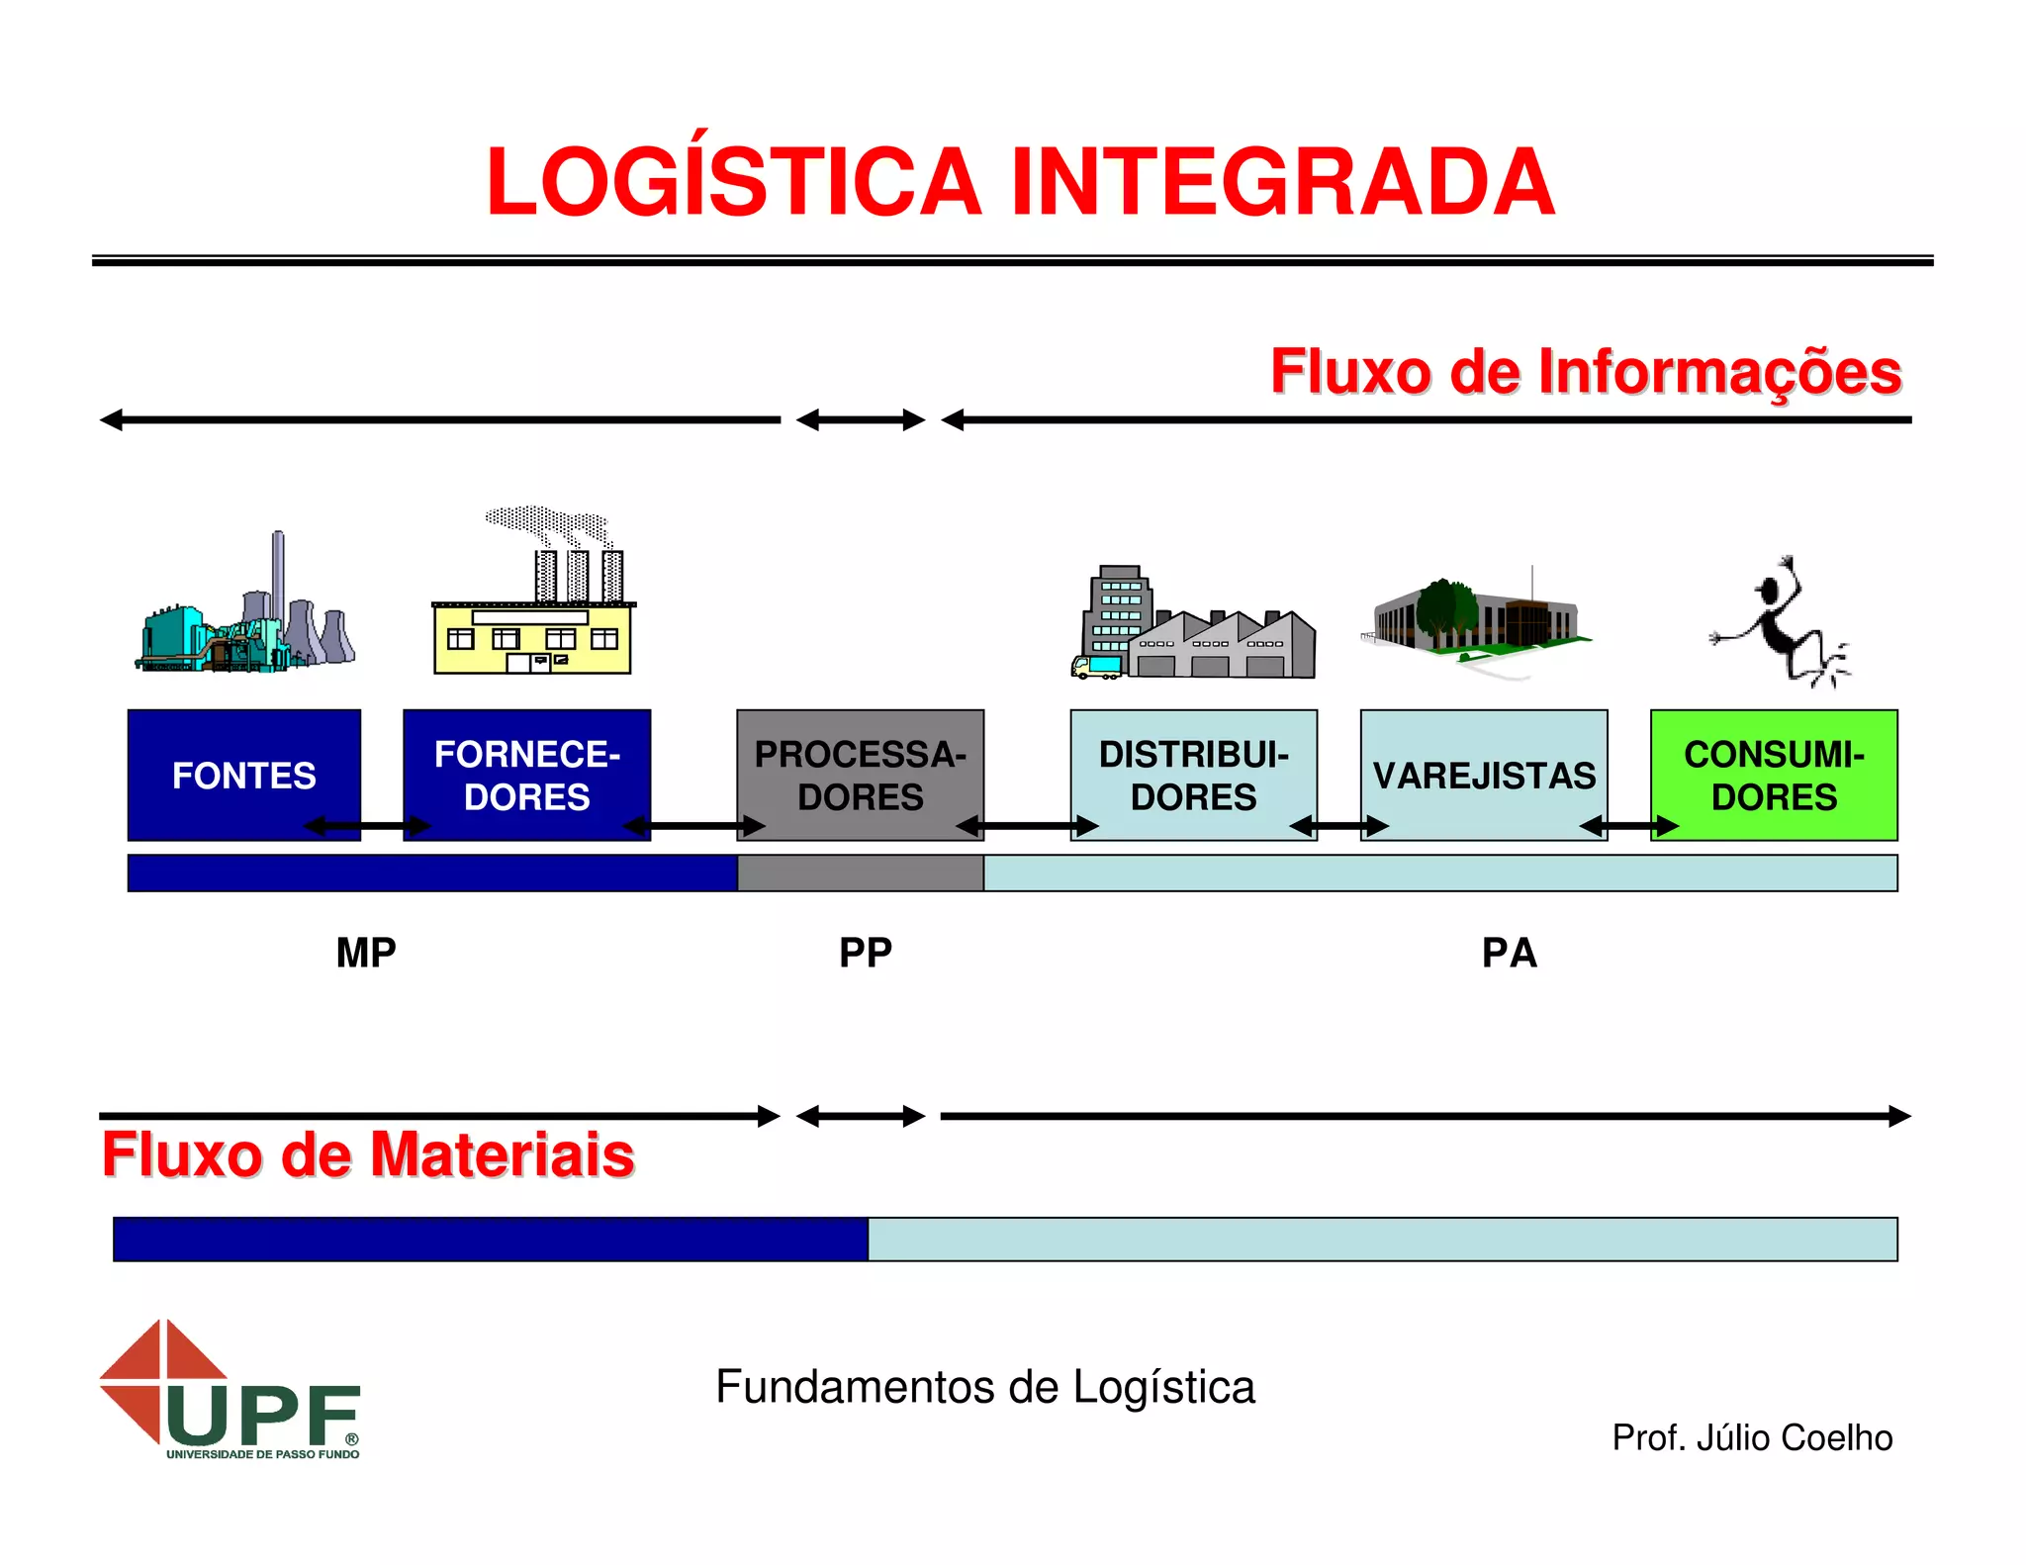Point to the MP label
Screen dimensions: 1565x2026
point(366,953)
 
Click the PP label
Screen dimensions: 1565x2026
point(866,953)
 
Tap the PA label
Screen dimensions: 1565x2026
point(1509,953)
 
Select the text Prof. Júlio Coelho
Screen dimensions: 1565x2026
point(1751,1437)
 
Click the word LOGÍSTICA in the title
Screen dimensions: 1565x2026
point(733,182)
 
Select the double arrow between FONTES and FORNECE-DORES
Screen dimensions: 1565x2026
point(367,826)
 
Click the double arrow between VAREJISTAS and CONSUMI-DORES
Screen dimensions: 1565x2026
point(1628,826)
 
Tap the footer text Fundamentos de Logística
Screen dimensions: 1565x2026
point(985,1387)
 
